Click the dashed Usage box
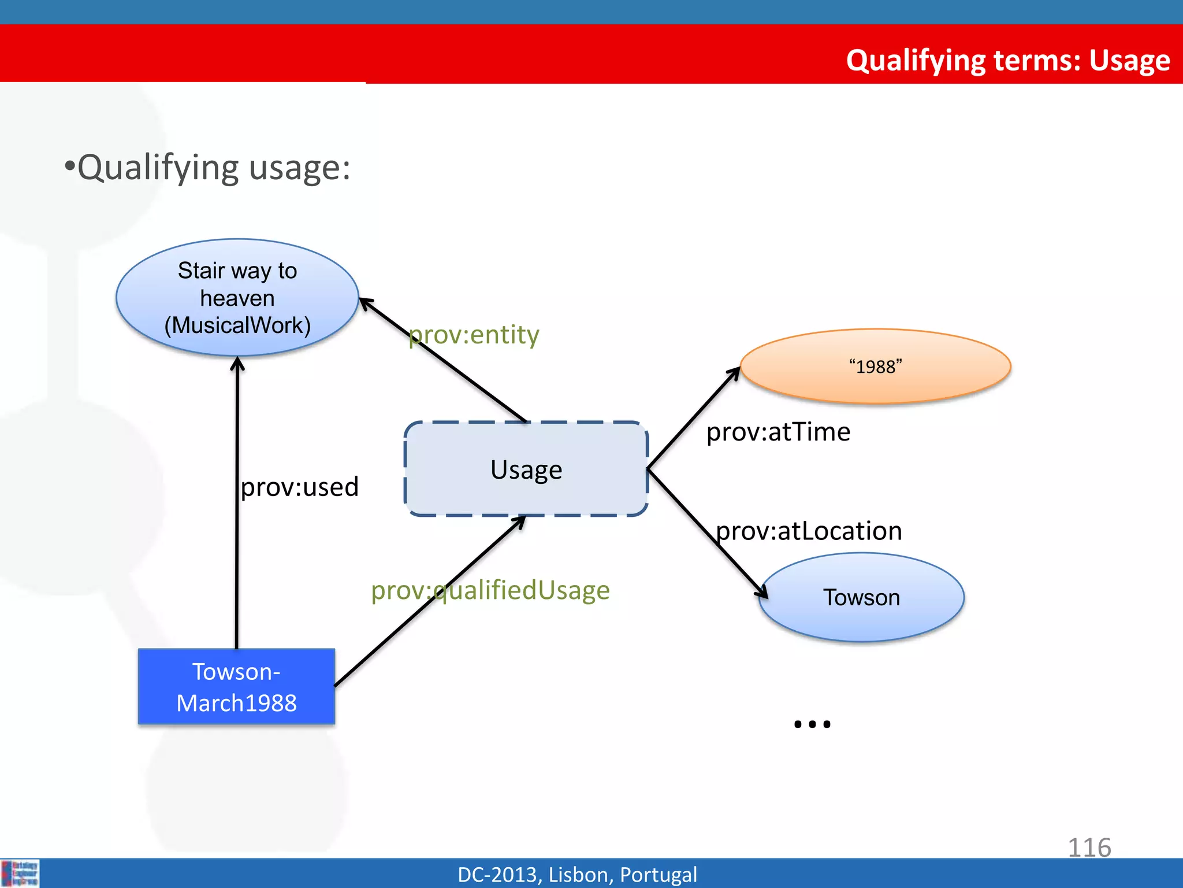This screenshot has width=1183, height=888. [526, 469]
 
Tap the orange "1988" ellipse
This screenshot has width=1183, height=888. [875, 367]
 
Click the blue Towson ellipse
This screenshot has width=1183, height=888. [861, 597]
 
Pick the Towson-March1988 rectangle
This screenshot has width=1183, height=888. [236, 687]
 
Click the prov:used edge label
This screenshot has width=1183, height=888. [299, 487]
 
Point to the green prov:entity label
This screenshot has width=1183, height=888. [474, 335]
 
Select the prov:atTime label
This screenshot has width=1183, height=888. [778, 432]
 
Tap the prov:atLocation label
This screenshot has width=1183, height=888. [809, 531]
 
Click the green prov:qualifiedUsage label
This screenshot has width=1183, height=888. [490, 590]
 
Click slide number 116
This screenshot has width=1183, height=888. [1089, 848]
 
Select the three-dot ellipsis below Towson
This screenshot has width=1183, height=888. [812, 724]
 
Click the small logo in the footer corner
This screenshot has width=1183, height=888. [20, 873]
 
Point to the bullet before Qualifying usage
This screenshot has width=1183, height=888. [70, 166]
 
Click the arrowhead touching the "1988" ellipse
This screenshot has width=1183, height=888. [735, 372]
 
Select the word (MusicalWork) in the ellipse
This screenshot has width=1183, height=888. [237, 325]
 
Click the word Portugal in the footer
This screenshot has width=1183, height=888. [658, 875]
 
